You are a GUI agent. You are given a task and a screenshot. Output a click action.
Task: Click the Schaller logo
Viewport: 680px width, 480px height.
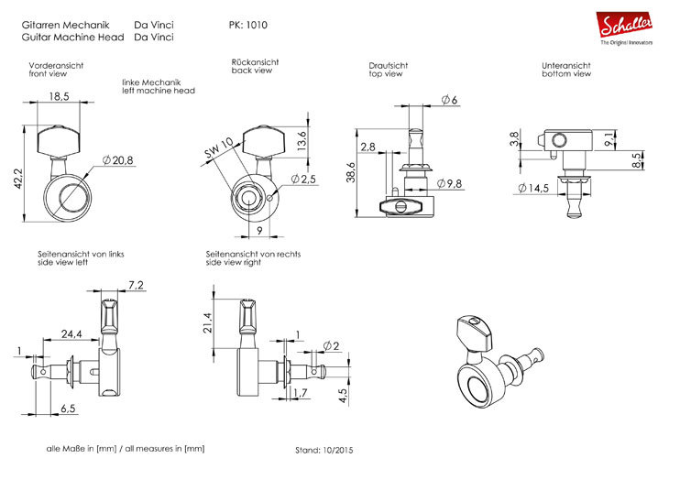click(625, 27)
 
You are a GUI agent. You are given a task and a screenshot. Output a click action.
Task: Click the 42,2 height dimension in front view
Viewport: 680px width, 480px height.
click(18, 179)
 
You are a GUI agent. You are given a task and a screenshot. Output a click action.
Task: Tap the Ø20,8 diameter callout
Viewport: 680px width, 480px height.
click(118, 160)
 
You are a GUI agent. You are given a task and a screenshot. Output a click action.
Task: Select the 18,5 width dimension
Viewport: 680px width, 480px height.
click(59, 96)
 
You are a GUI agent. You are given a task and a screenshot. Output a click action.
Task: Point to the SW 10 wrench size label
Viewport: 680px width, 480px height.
click(218, 147)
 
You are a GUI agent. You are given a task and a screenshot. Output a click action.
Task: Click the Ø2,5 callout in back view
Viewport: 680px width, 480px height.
click(303, 179)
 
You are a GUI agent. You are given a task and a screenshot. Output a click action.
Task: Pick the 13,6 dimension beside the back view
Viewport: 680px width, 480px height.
click(302, 141)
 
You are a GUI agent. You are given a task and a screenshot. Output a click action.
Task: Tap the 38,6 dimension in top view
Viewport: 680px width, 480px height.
click(351, 172)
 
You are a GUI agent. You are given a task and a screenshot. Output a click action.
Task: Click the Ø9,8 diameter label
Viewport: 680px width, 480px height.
click(449, 184)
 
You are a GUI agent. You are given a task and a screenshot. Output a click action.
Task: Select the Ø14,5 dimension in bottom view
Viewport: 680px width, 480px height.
click(533, 188)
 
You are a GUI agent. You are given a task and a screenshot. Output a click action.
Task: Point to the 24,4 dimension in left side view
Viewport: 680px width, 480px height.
click(71, 333)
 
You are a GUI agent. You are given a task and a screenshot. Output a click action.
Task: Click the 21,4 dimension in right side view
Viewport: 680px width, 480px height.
click(208, 322)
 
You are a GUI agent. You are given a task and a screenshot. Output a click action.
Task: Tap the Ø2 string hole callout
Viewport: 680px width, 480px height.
click(332, 346)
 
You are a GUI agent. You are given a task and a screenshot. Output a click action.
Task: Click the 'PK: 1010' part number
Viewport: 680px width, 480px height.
click(248, 25)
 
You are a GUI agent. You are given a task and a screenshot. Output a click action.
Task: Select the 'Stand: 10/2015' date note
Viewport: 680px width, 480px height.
click(324, 451)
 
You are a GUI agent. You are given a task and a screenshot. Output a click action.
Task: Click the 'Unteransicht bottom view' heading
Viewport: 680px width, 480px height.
click(566, 70)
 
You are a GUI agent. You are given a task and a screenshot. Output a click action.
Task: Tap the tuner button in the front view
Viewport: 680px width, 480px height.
click(59, 140)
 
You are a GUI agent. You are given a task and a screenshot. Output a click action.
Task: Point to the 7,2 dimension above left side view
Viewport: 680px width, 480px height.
click(137, 285)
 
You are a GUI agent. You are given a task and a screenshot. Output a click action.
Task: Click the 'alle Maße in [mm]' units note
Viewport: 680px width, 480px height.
click(82, 449)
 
